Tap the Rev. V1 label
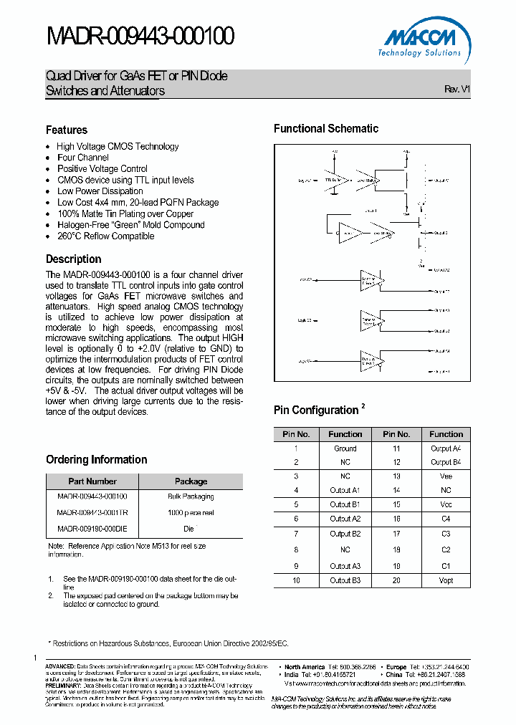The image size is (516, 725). point(457,90)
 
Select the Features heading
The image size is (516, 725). point(67,130)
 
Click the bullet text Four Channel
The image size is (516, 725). point(83,158)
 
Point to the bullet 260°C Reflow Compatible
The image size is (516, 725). point(105,236)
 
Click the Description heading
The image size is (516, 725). point(74,259)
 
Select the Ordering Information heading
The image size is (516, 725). point(97,459)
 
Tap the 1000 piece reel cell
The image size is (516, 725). point(191,513)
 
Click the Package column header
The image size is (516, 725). point(191,481)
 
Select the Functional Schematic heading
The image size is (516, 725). point(326,129)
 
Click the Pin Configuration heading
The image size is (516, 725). point(316,410)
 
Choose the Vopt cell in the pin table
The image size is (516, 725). point(446,580)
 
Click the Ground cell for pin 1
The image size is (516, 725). point(345,448)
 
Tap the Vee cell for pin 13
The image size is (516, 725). point(446,476)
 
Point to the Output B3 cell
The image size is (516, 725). point(345,580)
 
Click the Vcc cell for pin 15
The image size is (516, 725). point(446,504)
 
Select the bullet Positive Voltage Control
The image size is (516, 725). point(102,169)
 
